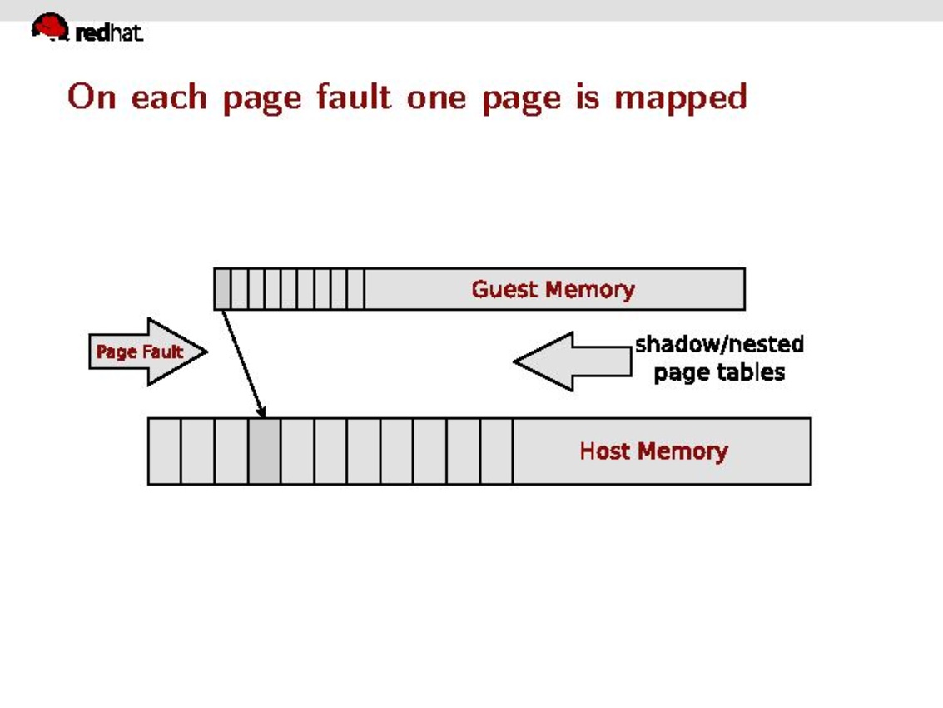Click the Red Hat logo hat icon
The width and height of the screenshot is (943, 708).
[50, 27]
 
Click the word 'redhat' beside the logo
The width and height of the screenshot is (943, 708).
[109, 33]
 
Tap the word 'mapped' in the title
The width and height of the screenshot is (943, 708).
[680, 98]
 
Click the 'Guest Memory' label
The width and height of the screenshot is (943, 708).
[553, 289]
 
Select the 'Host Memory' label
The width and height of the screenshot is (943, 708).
[653, 451]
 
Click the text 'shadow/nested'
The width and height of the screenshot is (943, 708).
[719, 344]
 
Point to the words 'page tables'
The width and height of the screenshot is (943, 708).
[719, 371]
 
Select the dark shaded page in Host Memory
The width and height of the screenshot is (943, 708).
[264, 451]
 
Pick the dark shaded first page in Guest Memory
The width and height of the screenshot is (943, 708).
[221, 289]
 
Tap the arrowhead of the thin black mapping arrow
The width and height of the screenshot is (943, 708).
[262, 412]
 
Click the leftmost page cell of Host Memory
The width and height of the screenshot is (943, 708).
[164, 451]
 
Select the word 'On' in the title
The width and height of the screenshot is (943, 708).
[90, 97]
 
